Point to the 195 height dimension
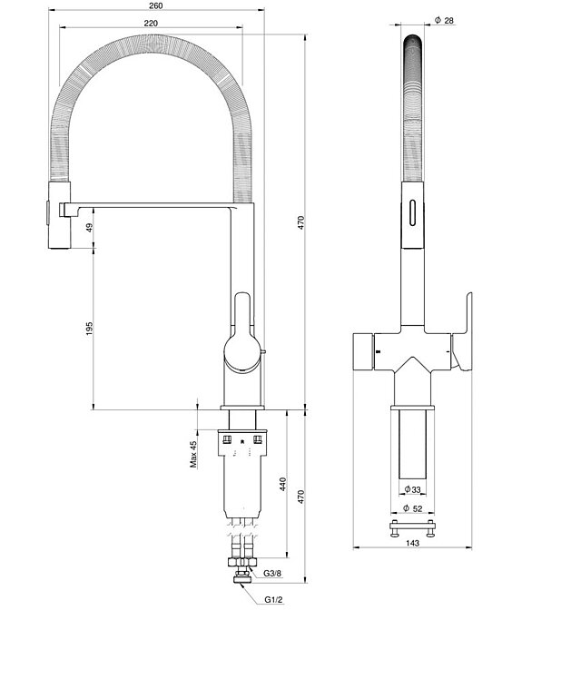89,329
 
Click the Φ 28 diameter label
444,20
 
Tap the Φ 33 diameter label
412,490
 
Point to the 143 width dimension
412,543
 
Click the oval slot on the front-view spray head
413,212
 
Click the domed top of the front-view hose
412,45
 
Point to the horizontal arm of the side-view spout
154,209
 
